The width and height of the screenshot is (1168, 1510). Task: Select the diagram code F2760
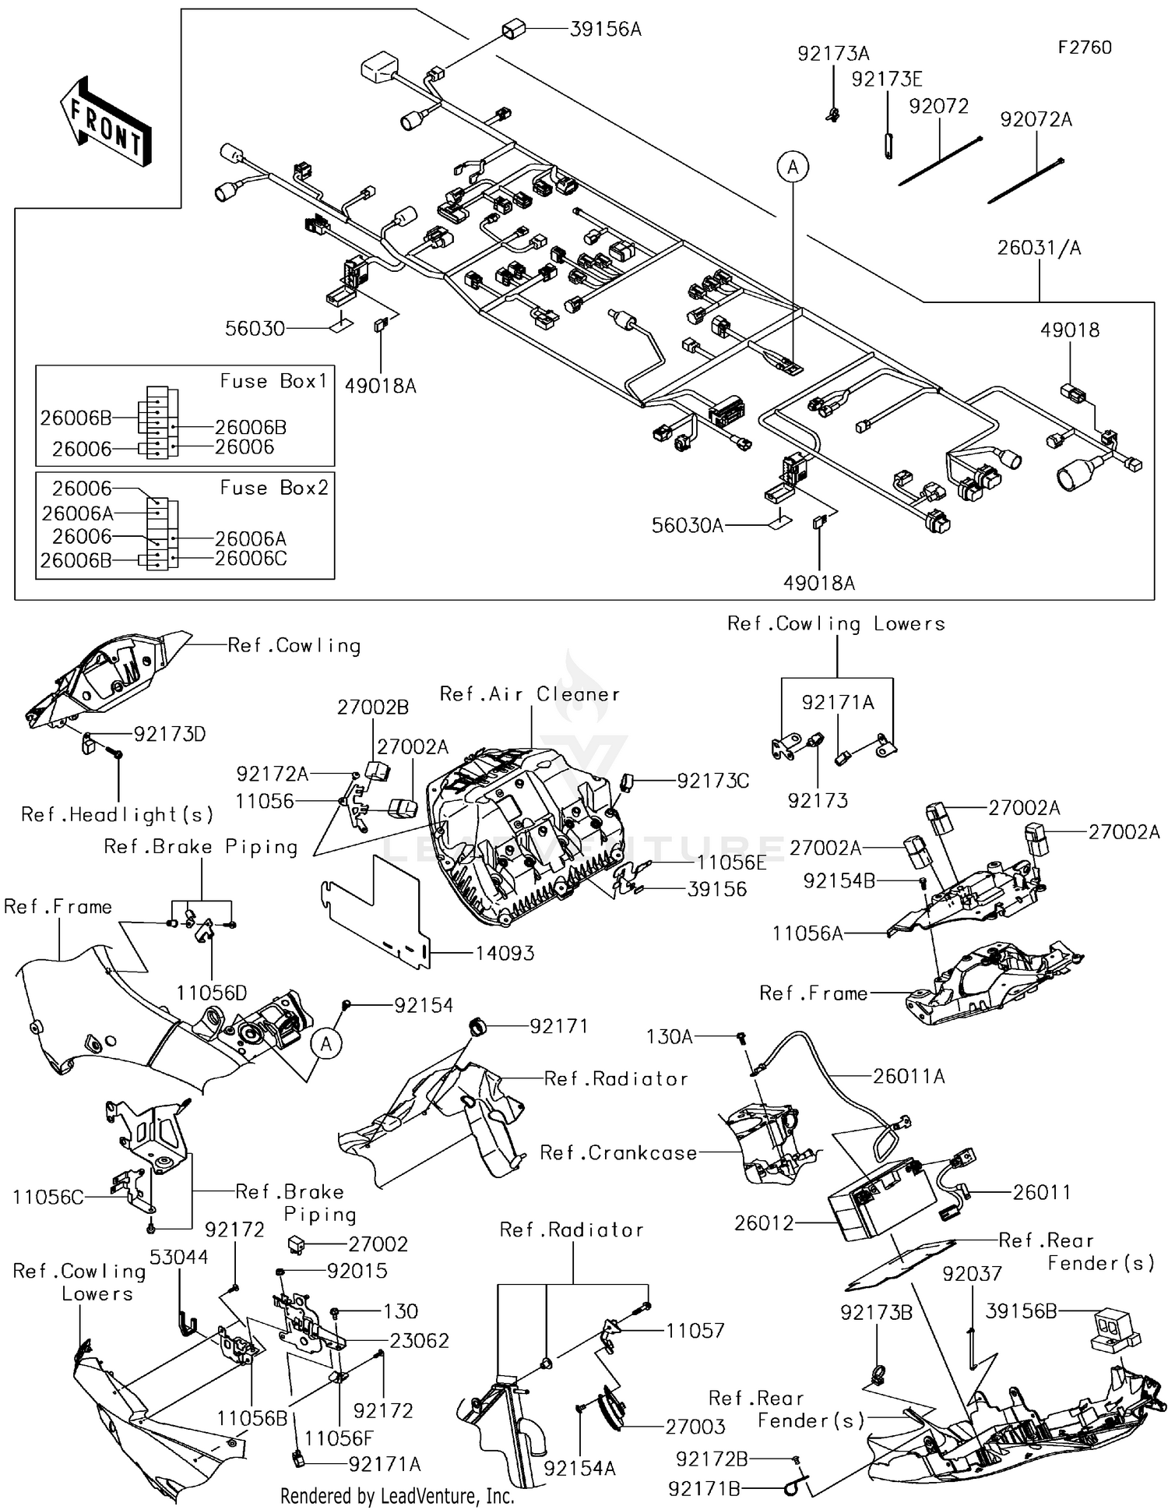click(x=1085, y=48)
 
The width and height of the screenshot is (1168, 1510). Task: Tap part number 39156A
click(x=605, y=30)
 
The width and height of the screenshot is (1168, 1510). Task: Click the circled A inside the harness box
click(x=793, y=167)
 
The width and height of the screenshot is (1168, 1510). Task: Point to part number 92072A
click(x=1036, y=119)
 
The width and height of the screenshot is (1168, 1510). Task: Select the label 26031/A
click(x=1039, y=248)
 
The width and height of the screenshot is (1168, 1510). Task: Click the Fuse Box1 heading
click(x=273, y=381)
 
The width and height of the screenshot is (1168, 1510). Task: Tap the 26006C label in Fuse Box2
click(x=251, y=559)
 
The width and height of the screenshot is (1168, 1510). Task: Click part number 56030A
click(x=687, y=526)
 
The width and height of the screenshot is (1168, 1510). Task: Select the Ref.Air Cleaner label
click(x=529, y=694)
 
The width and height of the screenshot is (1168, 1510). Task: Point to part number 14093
click(x=505, y=953)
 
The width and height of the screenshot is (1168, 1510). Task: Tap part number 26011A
click(x=909, y=1076)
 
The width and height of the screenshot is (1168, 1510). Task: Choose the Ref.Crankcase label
click(x=618, y=1152)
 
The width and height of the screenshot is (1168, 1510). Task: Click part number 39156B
click(x=1021, y=1311)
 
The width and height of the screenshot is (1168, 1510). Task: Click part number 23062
click(x=419, y=1340)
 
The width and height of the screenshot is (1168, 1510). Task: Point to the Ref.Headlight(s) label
click(x=117, y=815)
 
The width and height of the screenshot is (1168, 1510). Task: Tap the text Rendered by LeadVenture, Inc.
click(x=397, y=1496)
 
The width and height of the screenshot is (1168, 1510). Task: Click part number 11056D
click(x=211, y=993)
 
